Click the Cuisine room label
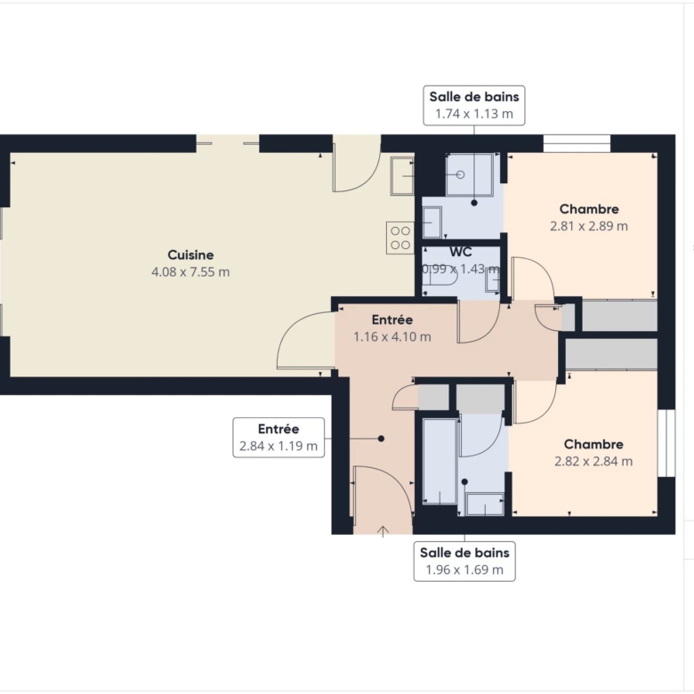pyautogui.click(x=190, y=255)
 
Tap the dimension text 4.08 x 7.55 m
pyautogui.click(x=190, y=271)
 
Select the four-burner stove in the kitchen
pyautogui.click(x=400, y=238)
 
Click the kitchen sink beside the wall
pyautogui.click(x=402, y=175)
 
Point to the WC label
pyautogui.click(x=461, y=252)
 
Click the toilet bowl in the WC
pyautogui.click(x=440, y=276)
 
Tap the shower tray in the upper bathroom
pyautogui.click(x=470, y=174)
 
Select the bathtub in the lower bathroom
pyautogui.click(x=440, y=461)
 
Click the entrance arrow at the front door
pyautogui.click(x=383, y=531)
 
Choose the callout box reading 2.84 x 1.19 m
pyautogui.click(x=278, y=437)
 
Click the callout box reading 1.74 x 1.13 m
pyautogui.click(x=474, y=105)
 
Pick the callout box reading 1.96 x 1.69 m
pyautogui.click(x=464, y=561)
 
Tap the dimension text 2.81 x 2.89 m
pyautogui.click(x=589, y=226)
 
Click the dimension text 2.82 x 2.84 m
pyautogui.click(x=593, y=461)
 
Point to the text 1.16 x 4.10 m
pyautogui.click(x=392, y=337)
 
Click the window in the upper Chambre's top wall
pyautogui.click(x=577, y=143)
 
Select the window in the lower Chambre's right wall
pyautogui.click(x=666, y=443)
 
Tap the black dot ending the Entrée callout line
pyautogui.click(x=381, y=439)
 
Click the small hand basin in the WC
pyautogui.click(x=493, y=280)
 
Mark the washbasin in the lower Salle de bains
pyautogui.click(x=485, y=504)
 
